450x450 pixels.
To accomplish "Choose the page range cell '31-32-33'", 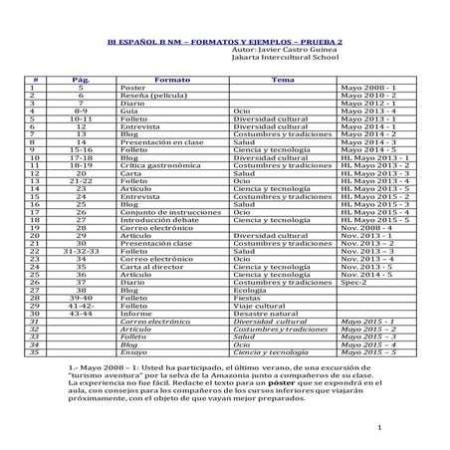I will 81,254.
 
